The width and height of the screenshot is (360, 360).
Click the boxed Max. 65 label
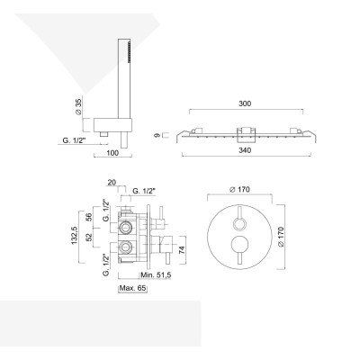coord(132,290)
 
